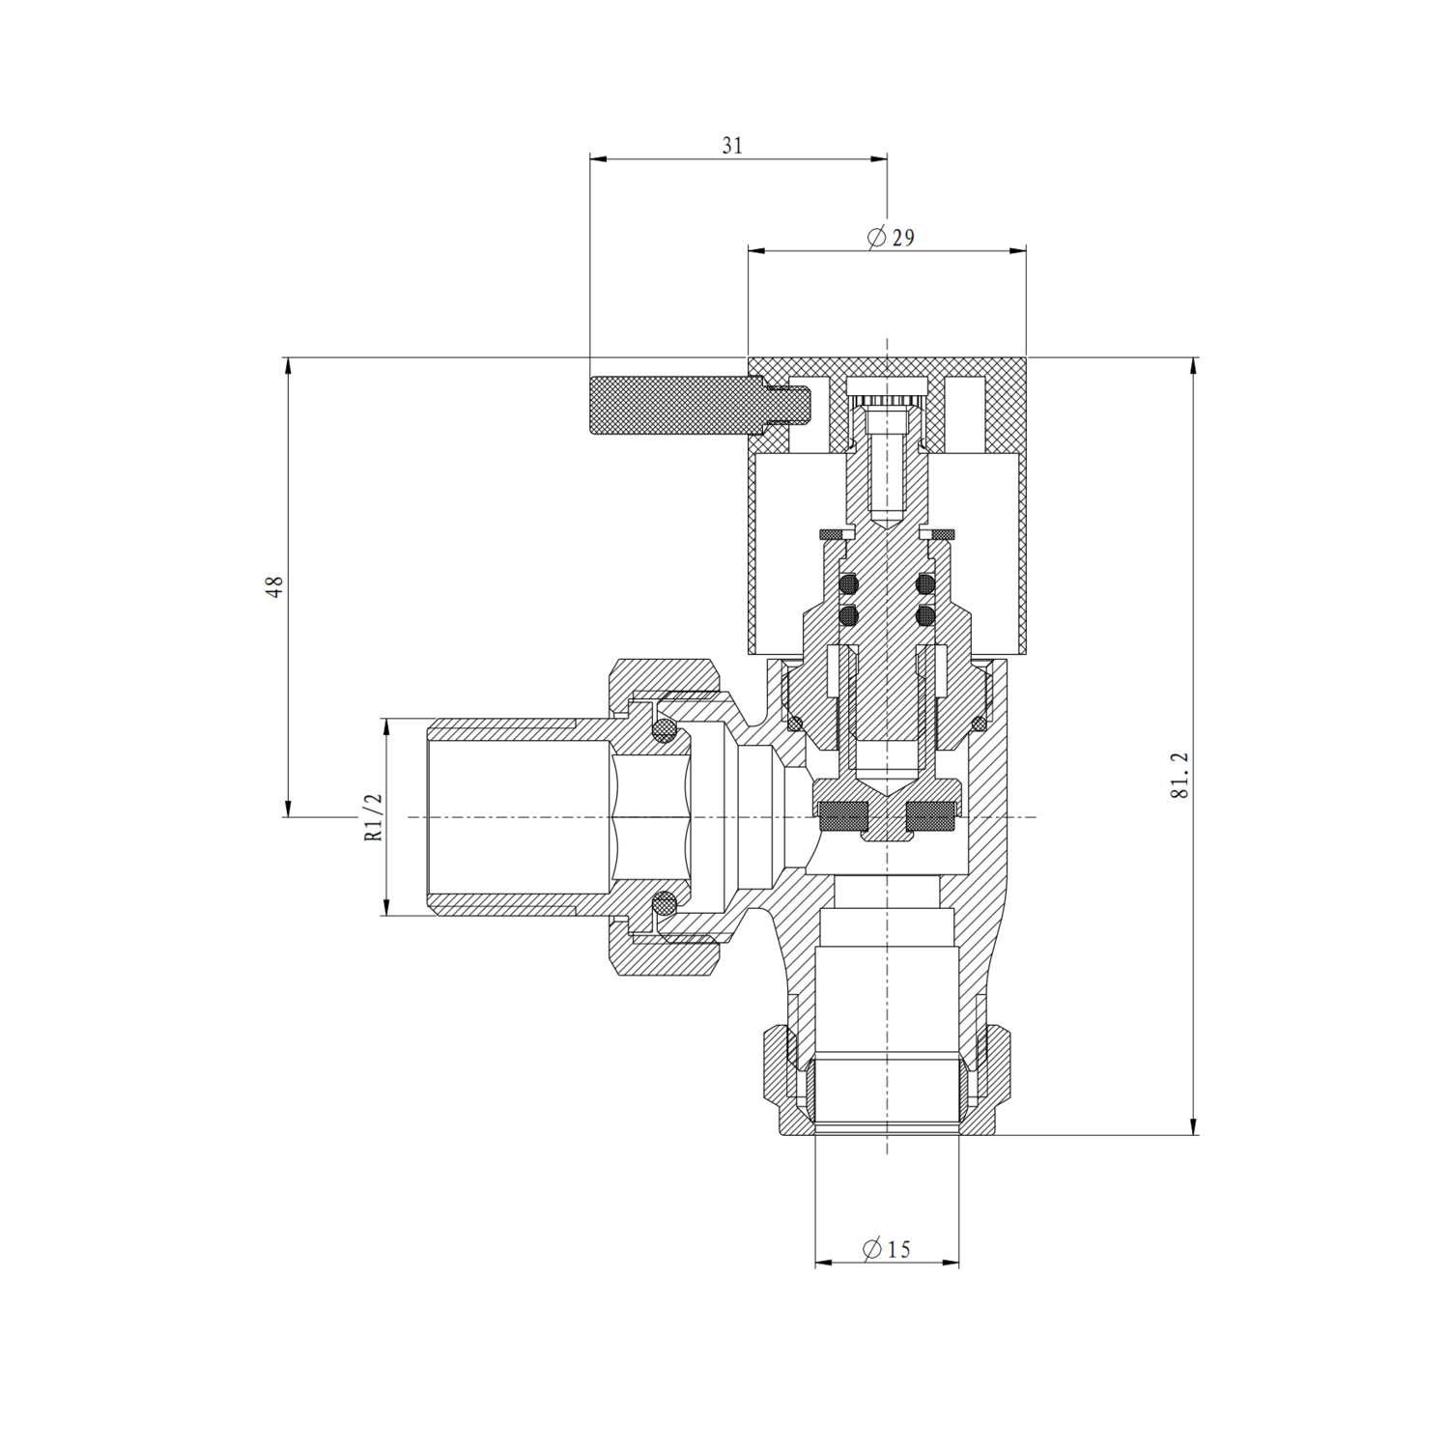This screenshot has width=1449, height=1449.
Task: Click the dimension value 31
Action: click(x=732, y=146)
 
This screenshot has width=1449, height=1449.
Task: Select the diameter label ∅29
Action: click(x=891, y=238)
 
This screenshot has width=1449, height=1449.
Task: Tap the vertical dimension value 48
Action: click(x=275, y=586)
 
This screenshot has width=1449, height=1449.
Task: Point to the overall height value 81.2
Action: click(x=1179, y=776)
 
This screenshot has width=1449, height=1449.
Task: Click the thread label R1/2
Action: click(x=374, y=817)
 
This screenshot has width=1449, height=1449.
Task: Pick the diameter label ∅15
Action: click(x=887, y=1250)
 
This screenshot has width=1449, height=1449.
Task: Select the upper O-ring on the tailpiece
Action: click(x=664, y=730)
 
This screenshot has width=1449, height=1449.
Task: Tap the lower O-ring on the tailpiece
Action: click(x=664, y=904)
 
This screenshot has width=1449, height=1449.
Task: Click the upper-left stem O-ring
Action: click(x=849, y=583)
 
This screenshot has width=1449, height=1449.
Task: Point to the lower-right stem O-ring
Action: click(x=925, y=614)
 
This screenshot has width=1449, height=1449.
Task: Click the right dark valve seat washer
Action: click(x=931, y=817)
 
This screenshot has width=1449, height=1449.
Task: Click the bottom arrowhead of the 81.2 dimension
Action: click(x=1195, y=1127)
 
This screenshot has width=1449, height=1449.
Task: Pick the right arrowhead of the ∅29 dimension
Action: click(x=1019, y=251)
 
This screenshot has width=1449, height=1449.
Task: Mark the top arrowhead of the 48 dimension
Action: click(x=287, y=364)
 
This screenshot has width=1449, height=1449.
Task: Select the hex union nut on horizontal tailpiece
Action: click(x=667, y=817)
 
